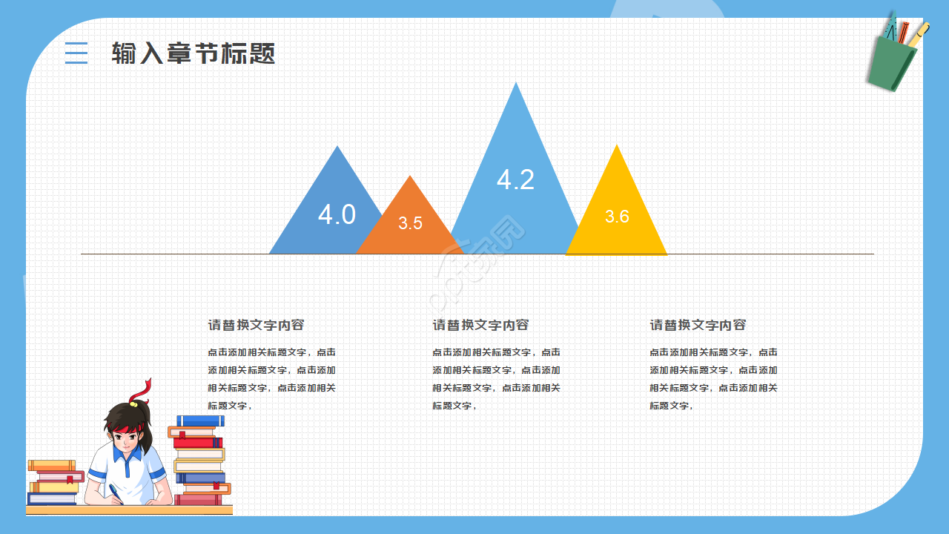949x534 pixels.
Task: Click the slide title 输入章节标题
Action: click(194, 53)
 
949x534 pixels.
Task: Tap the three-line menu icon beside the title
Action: click(76, 53)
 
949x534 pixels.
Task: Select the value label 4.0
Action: click(337, 214)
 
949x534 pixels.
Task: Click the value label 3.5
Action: click(410, 223)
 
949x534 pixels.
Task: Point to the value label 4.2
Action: click(515, 179)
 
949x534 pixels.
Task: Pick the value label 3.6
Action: click(617, 217)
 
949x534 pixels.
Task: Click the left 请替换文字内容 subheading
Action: click(256, 325)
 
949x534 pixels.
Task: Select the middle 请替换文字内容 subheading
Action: click(480, 325)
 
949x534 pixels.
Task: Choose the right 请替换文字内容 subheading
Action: click(698, 325)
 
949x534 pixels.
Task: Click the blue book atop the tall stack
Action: click(200, 421)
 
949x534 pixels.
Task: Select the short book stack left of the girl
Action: click(54, 483)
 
